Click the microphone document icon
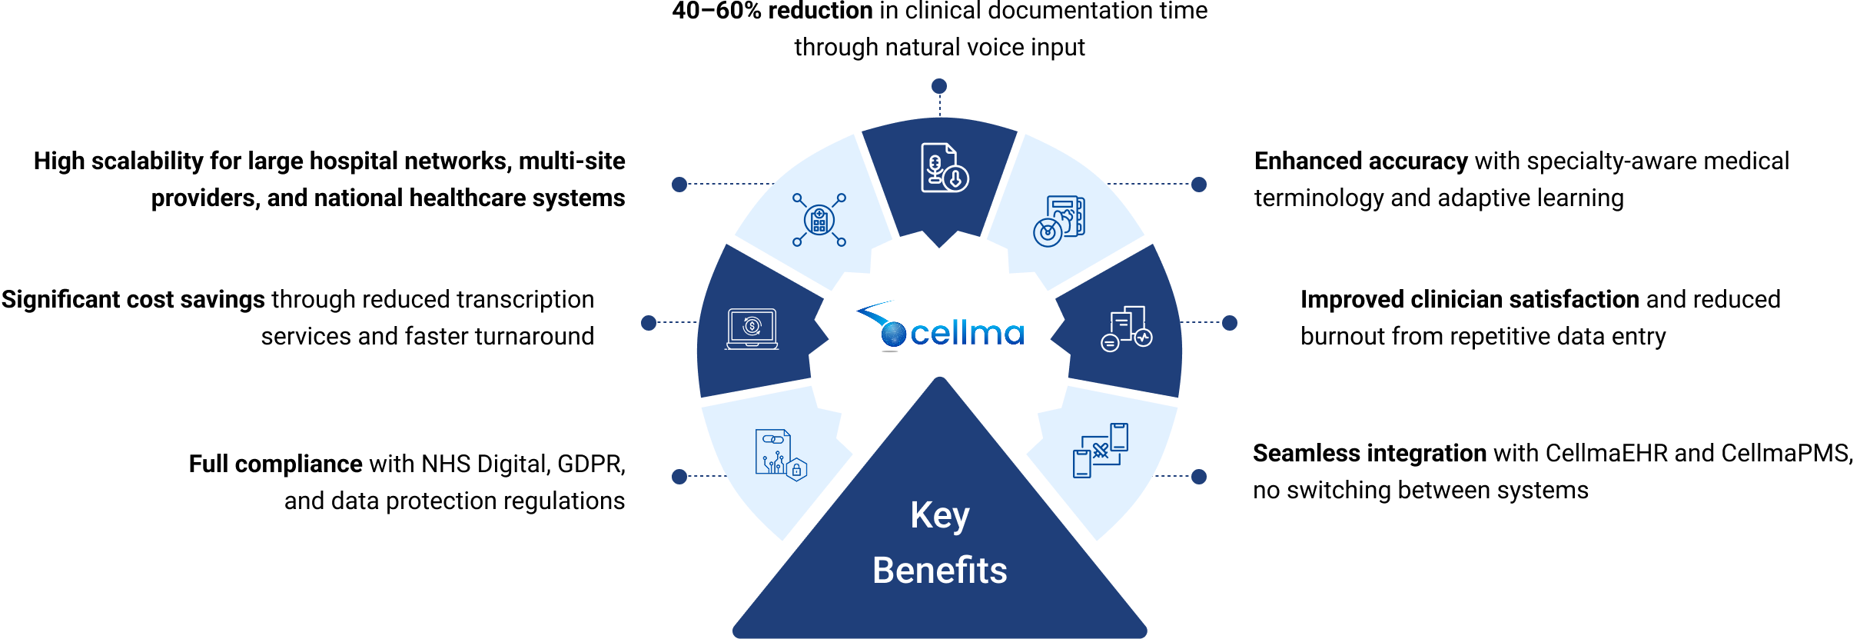(x=944, y=167)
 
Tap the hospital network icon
(x=819, y=220)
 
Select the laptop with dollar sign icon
(x=752, y=328)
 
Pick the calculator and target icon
(x=1059, y=221)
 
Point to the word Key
(x=940, y=515)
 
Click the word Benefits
(x=940, y=571)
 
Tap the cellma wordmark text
(x=967, y=334)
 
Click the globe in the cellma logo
(x=893, y=334)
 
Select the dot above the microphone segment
(x=939, y=86)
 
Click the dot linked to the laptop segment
(x=649, y=323)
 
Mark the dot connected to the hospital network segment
(x=679, y=185)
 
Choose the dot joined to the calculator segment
(x=1199, y=185)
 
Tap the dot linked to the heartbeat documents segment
(x=1230, y=323)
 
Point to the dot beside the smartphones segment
(x=1199, y=477)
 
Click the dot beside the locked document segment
(x=679, y=477)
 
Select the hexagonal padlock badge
(x=797, y=469)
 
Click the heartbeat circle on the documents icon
(x=1144, y=338)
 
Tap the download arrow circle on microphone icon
(x=956, y=179)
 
